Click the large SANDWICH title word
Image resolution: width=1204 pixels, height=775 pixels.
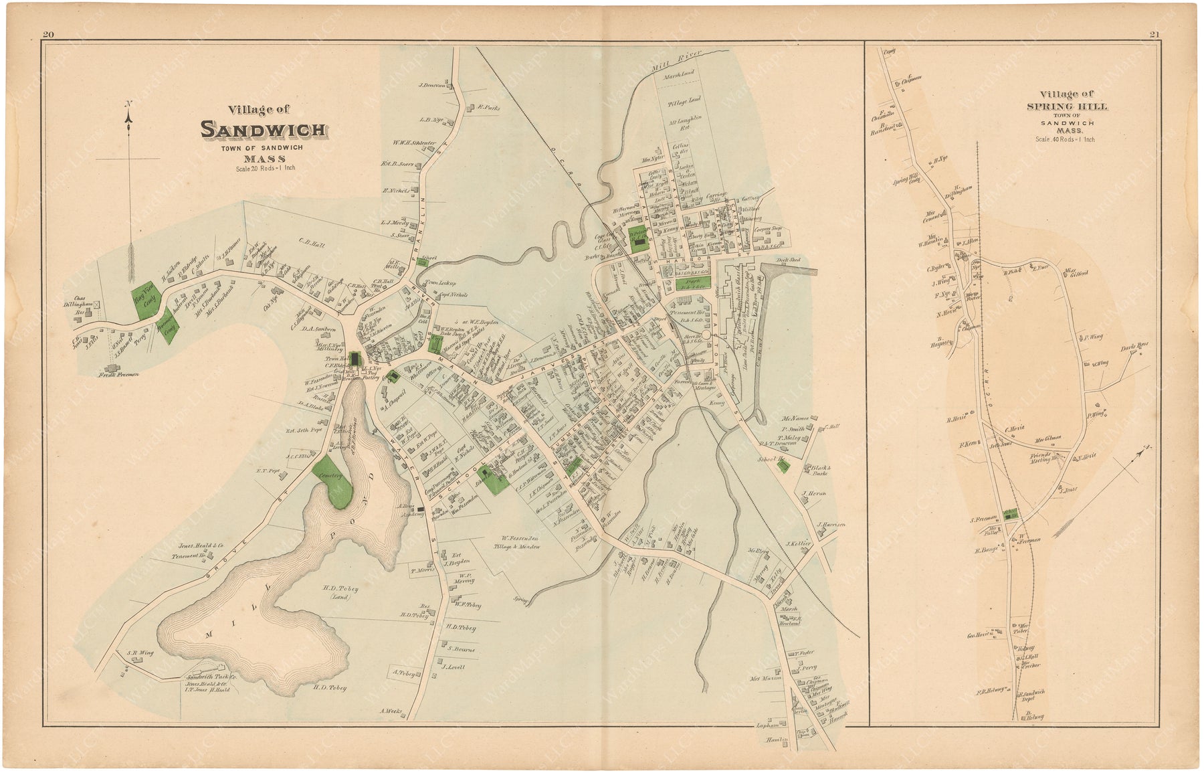(x=264, y=129)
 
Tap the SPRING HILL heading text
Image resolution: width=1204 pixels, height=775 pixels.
(x=1067, y=106)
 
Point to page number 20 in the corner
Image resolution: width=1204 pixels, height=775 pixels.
(x=47, y=35)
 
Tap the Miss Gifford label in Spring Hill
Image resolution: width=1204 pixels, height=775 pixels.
(x=1078, y=272)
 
